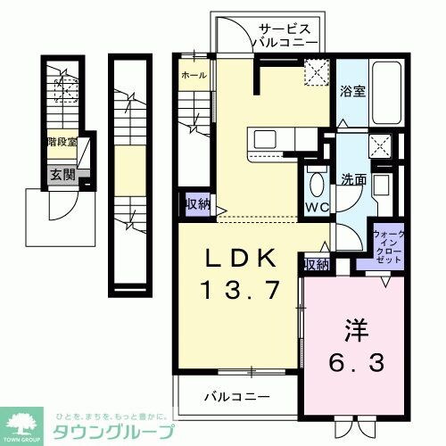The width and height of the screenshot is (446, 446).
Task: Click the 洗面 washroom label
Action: [x=351, y=178]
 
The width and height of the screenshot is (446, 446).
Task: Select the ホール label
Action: [x=194, y=76]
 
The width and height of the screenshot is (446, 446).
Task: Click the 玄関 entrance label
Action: [x=61, y=175]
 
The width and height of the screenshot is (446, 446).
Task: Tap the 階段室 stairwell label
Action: [x=61, y=141]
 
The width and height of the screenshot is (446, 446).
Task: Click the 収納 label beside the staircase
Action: [x=197, y=203]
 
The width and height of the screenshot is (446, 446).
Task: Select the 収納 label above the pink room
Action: [x=316, y=264]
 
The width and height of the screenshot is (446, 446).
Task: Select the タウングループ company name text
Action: [x=109, y=432]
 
